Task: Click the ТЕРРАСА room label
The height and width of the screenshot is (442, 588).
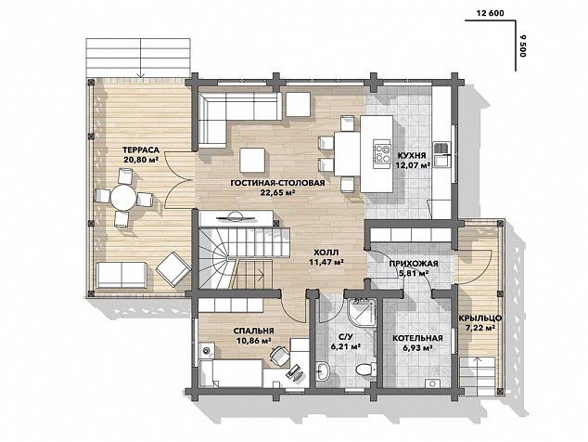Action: [141, 150]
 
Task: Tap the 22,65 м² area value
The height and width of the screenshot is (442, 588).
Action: [277, 192]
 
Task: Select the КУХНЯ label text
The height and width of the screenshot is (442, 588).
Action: [412, 155]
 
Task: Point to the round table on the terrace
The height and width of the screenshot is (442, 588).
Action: [123, 197]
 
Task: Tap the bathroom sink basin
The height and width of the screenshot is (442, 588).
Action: [323, 370]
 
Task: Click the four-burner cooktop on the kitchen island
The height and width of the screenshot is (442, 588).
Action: [382, 154]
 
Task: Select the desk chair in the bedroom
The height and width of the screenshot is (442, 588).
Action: [279, 356]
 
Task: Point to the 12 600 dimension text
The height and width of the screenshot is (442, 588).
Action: [490, 13]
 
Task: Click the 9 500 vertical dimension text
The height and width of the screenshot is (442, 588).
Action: [523, 45]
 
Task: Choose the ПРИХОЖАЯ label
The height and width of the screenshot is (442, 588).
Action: [414, 264]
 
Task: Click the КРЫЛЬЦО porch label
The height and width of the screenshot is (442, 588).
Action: [480, 318]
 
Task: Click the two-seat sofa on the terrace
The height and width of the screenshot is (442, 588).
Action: [121, 275]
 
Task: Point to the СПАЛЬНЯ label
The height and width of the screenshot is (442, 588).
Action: [253, 331]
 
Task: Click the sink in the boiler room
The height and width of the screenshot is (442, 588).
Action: [433, 383]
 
